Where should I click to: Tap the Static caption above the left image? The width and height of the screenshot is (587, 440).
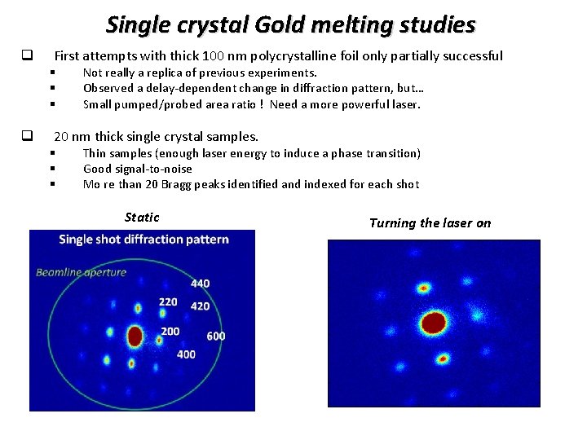click(x=142, y=218)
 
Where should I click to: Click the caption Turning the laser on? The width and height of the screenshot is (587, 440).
click(x=430, y=223)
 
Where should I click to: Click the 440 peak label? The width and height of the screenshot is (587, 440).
click(x=200, y=284)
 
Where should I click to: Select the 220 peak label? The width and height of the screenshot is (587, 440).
click(x=168, y=302)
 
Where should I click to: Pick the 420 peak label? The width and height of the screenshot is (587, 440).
click(x=199, y=306)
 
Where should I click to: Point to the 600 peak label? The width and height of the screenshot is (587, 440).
click(x=216, y=336)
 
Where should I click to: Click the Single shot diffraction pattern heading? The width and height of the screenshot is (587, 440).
click(x=143, y=240)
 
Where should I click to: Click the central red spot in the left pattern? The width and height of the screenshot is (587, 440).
click(x=135, y=336)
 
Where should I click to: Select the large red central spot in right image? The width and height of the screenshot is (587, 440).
click(x=433, y=323)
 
